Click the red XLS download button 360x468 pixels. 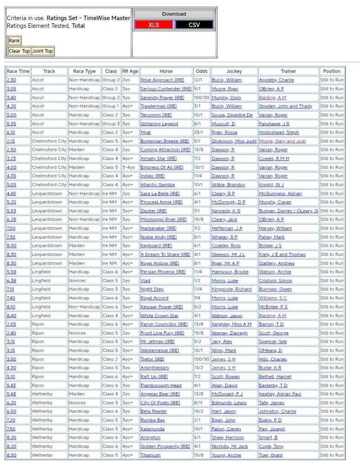point(154,25)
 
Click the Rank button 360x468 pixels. point(14,41)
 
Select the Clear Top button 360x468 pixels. point(19,51)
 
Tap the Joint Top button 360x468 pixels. point(42,51)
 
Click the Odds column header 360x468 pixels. point(201,71)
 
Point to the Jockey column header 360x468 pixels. point(234,71)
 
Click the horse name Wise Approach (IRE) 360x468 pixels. point(162,80)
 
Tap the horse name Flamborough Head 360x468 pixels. point(161,386)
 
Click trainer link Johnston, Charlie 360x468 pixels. point(277,412)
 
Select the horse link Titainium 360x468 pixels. point(151,455)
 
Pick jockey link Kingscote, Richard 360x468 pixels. point(231,289)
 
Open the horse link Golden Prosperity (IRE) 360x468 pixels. point(165,447)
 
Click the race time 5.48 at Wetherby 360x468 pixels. point(11,394)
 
